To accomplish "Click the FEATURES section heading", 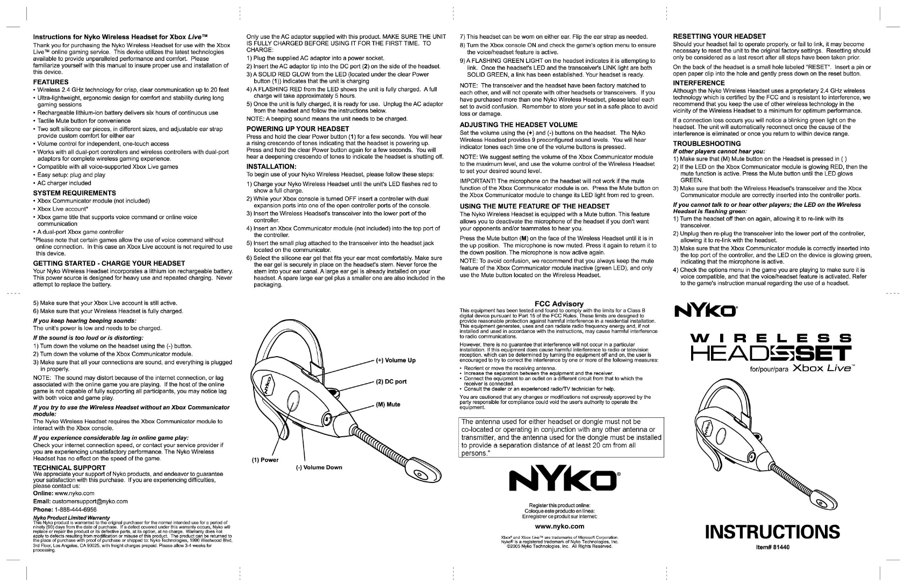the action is (51, 82).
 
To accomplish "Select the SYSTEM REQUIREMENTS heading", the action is (74, 193).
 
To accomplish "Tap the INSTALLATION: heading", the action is (271, 167).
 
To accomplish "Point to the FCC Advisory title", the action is (559, 304).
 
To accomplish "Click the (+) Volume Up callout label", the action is (395, 360).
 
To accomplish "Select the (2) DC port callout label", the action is (391, 382).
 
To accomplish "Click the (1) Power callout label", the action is (265, 460).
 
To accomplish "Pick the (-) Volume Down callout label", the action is (319, 467).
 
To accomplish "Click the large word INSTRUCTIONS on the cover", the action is (772, 531).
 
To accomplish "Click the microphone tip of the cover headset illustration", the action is (822, 503).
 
